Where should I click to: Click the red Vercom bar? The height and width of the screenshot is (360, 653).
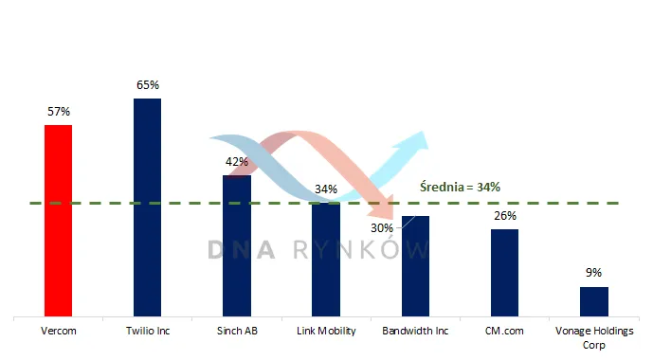point(59,221)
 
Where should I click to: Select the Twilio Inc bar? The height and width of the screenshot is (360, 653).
point(148,207)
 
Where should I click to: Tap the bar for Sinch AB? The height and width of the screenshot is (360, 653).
point(237,246)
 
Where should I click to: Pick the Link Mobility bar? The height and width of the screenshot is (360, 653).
point(326,260)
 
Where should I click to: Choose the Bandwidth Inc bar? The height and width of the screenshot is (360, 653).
point(415,266)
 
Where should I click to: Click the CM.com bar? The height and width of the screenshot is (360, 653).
point(505,273)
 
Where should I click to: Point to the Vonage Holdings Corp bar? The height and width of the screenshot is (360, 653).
point(594,301)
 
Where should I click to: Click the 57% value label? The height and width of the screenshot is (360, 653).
point(59,112)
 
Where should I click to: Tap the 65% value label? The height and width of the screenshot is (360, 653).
point(148,85)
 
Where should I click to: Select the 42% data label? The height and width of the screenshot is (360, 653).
point(237,161)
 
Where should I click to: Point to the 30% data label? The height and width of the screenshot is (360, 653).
point(382,228)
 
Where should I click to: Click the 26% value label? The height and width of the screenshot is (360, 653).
point(505,216)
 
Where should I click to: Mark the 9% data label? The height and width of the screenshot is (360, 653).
point(594,273)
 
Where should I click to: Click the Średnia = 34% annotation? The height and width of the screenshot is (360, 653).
point(460,187)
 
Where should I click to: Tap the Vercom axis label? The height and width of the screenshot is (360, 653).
point(59,331)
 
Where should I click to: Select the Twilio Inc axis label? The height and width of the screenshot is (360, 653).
point(148,331)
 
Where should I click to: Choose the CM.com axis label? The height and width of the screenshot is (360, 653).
point(504,331)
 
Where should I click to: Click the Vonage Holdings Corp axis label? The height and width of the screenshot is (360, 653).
point(594,337)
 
